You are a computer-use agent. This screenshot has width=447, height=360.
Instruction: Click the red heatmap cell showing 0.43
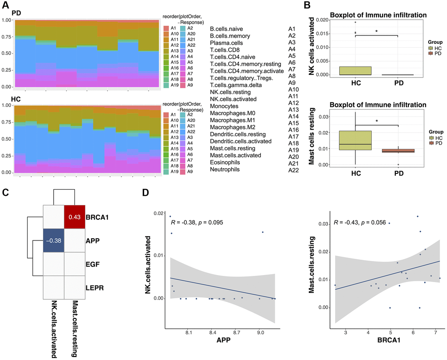tap(75, 216)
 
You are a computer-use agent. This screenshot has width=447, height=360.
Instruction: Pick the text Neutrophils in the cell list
tap(225, 169)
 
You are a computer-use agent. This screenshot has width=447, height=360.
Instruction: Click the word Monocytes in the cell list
tap(224, 106)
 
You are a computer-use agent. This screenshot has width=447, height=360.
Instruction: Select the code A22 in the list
tap(293, 169)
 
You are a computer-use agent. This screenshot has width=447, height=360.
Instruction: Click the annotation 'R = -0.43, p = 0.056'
tap(359, 222)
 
